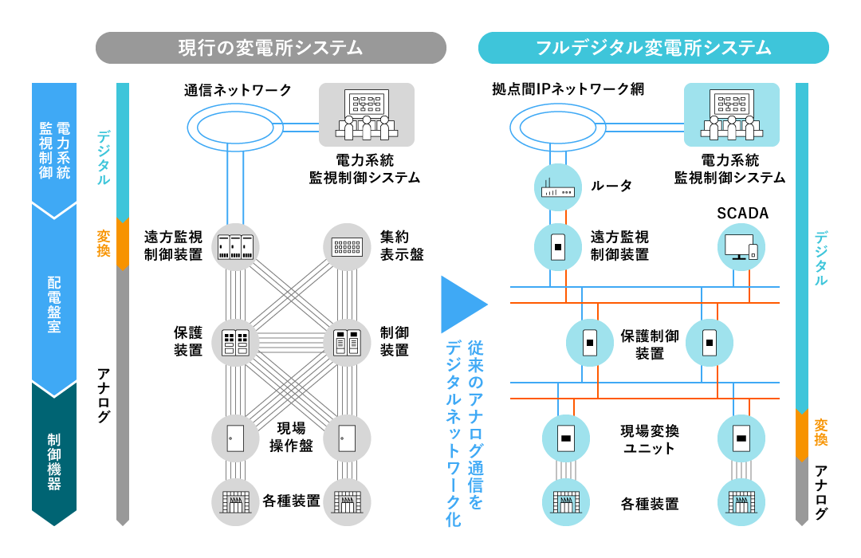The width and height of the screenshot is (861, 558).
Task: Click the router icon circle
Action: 557,187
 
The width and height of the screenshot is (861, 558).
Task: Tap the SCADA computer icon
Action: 741,246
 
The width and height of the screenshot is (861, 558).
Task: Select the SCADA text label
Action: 741,214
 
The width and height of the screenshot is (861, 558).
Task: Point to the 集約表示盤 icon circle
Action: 347,246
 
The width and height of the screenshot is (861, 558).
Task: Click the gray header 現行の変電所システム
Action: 270,48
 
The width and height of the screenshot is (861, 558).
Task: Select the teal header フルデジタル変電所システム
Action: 653,48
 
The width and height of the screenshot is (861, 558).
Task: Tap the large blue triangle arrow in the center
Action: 462,305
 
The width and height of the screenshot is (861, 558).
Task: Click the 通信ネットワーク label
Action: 238,90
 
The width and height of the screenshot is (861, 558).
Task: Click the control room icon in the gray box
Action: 367,116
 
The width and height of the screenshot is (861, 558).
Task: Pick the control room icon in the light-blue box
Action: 732,116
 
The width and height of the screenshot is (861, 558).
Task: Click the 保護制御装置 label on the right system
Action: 650,344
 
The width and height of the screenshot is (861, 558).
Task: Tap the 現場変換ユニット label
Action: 650,439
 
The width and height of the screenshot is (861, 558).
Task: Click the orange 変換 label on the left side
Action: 104,243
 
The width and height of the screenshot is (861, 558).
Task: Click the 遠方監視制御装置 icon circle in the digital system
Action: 557,246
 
